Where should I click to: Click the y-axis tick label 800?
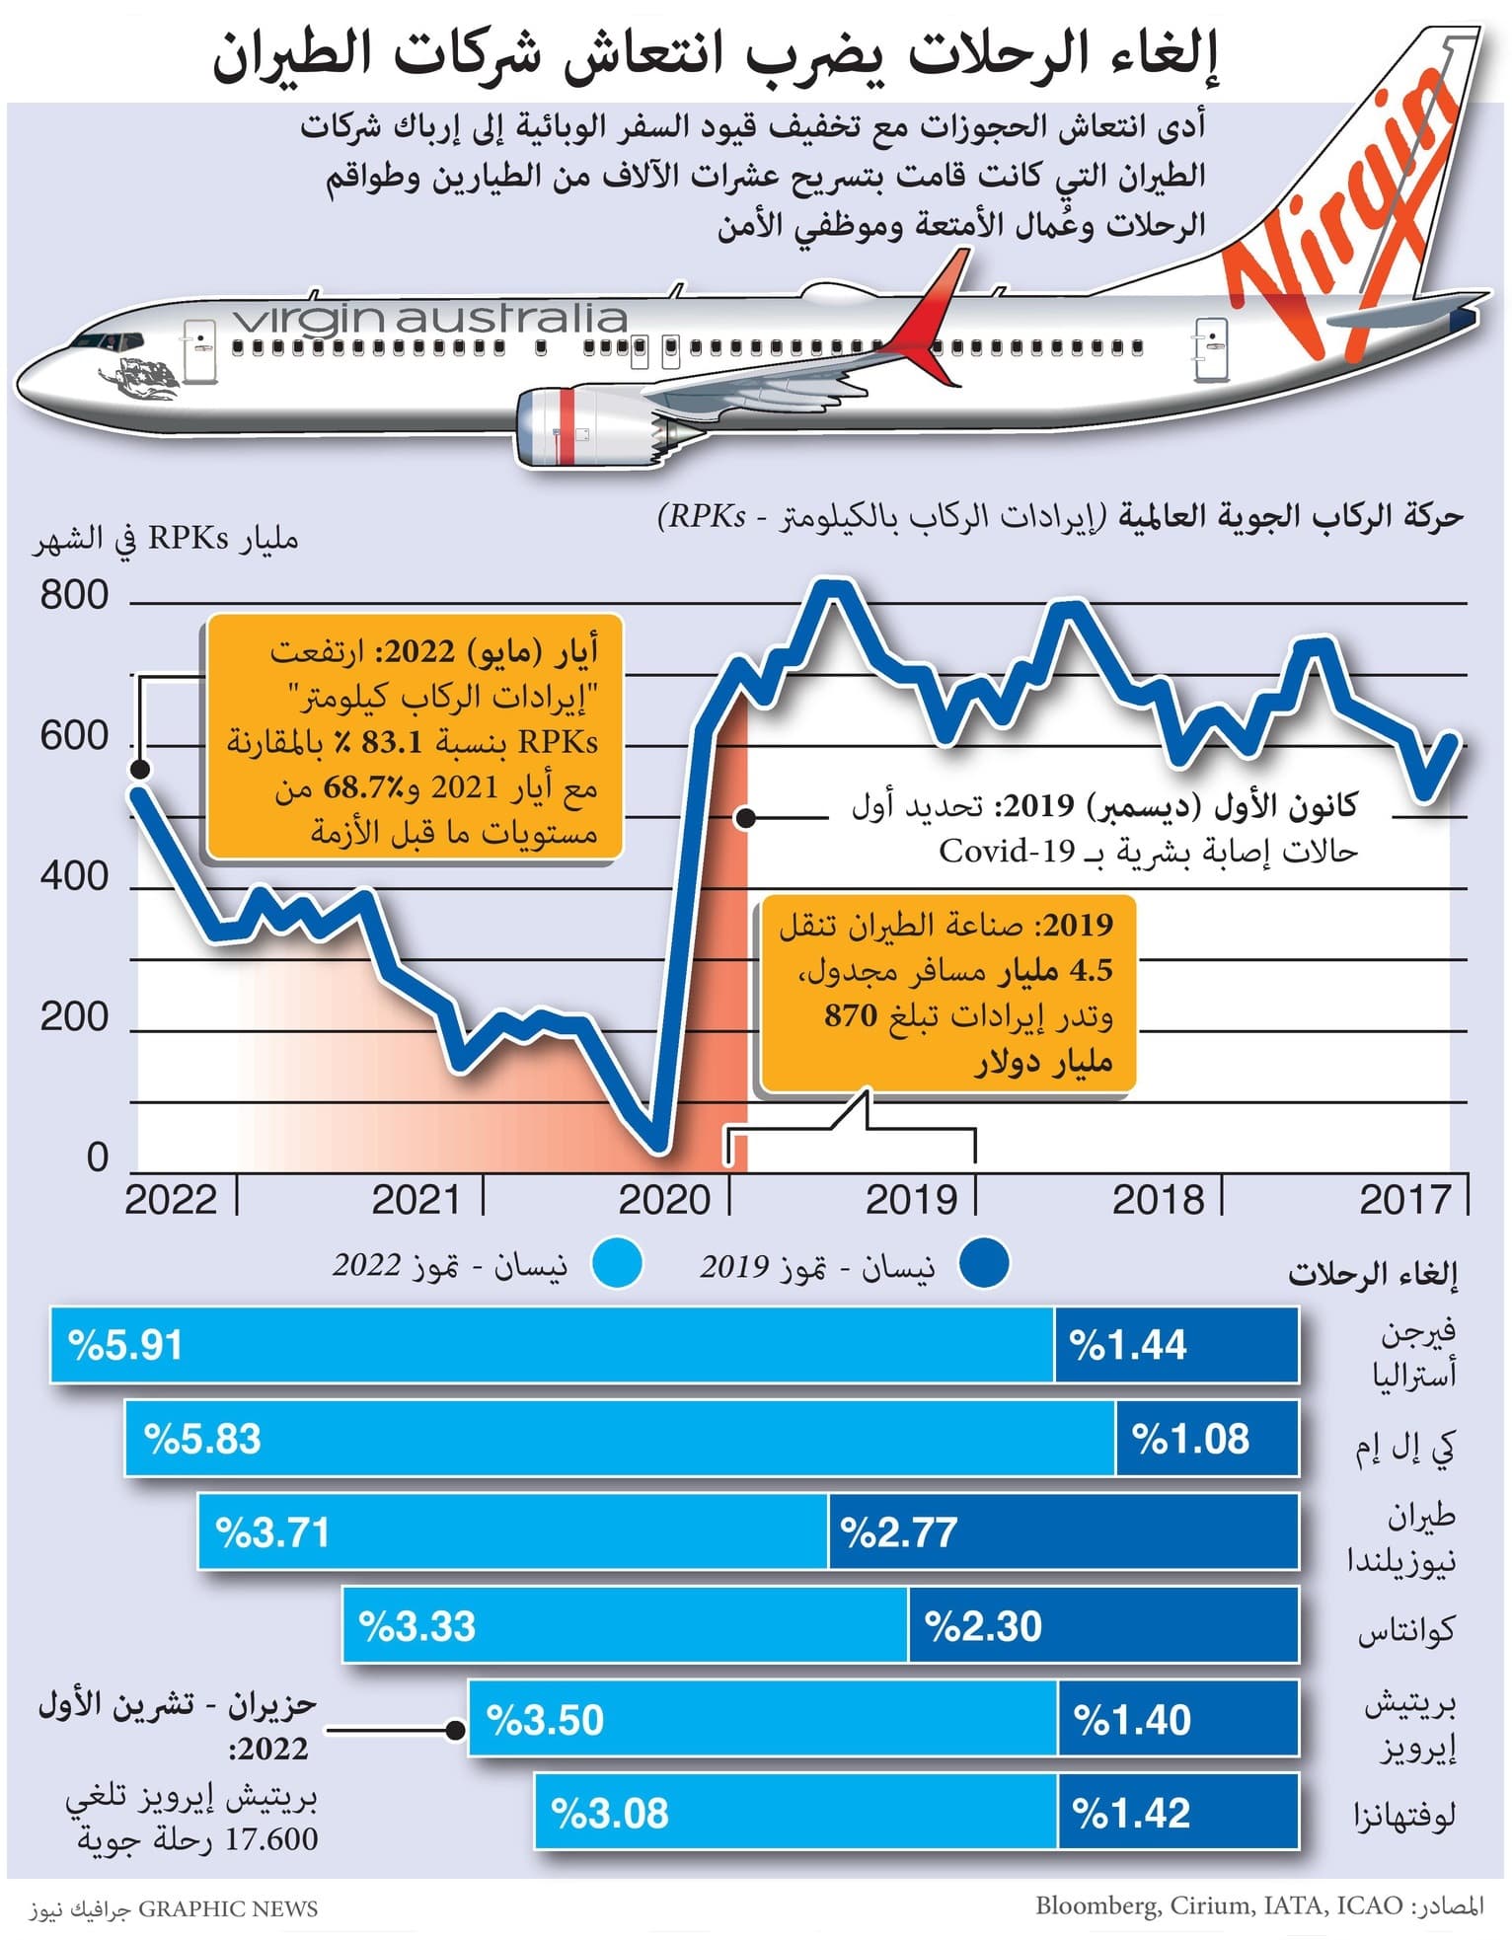pos(74,595)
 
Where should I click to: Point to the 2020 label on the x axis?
pos(664,1199)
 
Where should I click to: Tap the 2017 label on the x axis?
pos(1405,1199)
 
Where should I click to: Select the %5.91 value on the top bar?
pos(125,1345)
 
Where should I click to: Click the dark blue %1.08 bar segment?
pos(1206,1439)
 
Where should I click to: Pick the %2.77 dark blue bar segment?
pos(1062,1532)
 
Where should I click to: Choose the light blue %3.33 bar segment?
pos(624,1625)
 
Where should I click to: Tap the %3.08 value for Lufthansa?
pos(610,1813)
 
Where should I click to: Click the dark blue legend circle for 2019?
pos(984,1264)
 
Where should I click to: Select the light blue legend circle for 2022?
pos(617,1264)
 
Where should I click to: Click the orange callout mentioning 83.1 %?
pos(415,740)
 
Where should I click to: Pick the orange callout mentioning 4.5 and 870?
pos(947,995)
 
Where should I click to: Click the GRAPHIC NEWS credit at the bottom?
pos(227,1908)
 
